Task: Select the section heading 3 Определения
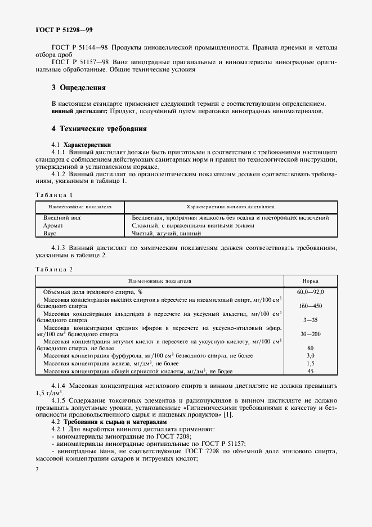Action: pos(78,88)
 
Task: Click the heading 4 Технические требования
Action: pos(98,129)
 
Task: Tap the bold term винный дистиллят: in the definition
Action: pos(75,112)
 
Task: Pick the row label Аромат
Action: pos(53,225)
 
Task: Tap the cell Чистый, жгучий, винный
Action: pos(166,233)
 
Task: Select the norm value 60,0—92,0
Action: pos(310,292)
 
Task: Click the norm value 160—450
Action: pos(310,306)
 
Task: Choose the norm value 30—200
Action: pos(310,334)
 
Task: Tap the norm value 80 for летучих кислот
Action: pos(310,348)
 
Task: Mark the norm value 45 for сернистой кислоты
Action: pos(310,371)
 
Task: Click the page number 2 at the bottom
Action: pos(37,469)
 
